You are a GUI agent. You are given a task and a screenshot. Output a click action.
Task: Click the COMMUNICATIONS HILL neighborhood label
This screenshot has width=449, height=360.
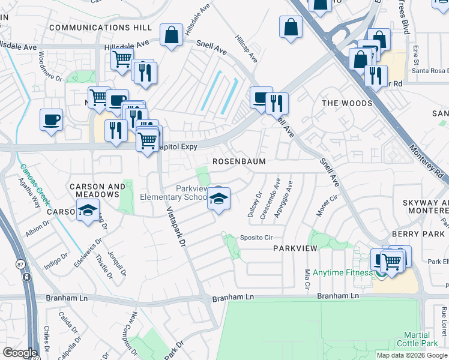101,28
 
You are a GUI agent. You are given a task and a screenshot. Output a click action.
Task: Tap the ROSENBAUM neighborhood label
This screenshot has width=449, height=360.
240,162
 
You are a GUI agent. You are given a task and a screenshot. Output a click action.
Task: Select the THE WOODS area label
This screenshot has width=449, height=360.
347,103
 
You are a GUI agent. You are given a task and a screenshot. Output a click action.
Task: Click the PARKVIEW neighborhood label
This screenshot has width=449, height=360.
295,248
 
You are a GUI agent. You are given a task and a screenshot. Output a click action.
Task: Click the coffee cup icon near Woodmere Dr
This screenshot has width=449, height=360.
52,119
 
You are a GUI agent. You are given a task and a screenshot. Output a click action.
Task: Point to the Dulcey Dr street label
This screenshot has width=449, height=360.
252,205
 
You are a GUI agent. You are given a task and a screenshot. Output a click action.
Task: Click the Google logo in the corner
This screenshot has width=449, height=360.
20,353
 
